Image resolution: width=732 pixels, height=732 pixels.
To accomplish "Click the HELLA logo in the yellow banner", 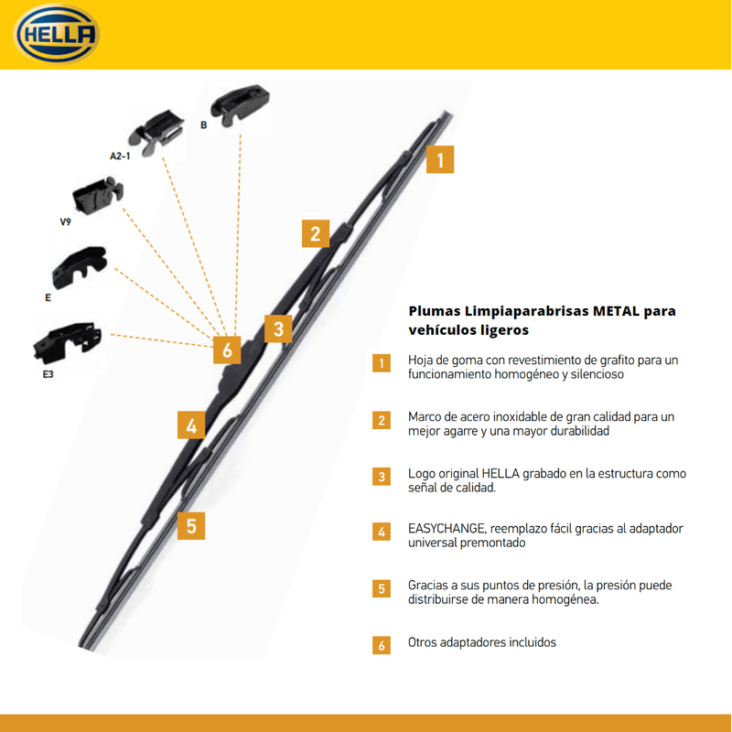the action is coord(57,34).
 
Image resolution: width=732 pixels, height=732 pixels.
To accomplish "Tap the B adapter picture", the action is coord(240,103).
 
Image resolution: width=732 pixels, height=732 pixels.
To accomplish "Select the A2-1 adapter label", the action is coord(120,156).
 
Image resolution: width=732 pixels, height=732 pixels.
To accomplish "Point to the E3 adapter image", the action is coord(68,341).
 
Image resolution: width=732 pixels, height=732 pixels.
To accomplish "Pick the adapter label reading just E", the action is coord(48,298).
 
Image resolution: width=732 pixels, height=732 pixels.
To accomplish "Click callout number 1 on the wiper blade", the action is coord(440,159).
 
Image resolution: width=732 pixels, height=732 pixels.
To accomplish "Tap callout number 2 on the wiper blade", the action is coord(316,233).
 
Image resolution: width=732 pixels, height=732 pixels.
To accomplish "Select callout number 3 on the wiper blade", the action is coord(278,328).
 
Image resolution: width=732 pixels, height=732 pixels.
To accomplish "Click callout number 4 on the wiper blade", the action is coord(191,425).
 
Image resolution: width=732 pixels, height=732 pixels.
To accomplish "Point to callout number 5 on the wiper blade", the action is coord(191,525).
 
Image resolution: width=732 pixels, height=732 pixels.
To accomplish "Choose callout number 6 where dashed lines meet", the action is coord(227,350).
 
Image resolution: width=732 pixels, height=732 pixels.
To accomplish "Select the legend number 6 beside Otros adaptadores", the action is coord(382,645).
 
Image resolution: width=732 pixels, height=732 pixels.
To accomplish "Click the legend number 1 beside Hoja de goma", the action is coord(382,363).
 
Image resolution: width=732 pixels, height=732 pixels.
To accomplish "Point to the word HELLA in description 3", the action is coord(501,473).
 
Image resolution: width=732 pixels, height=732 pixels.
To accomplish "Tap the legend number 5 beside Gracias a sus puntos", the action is coord(382,588).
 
